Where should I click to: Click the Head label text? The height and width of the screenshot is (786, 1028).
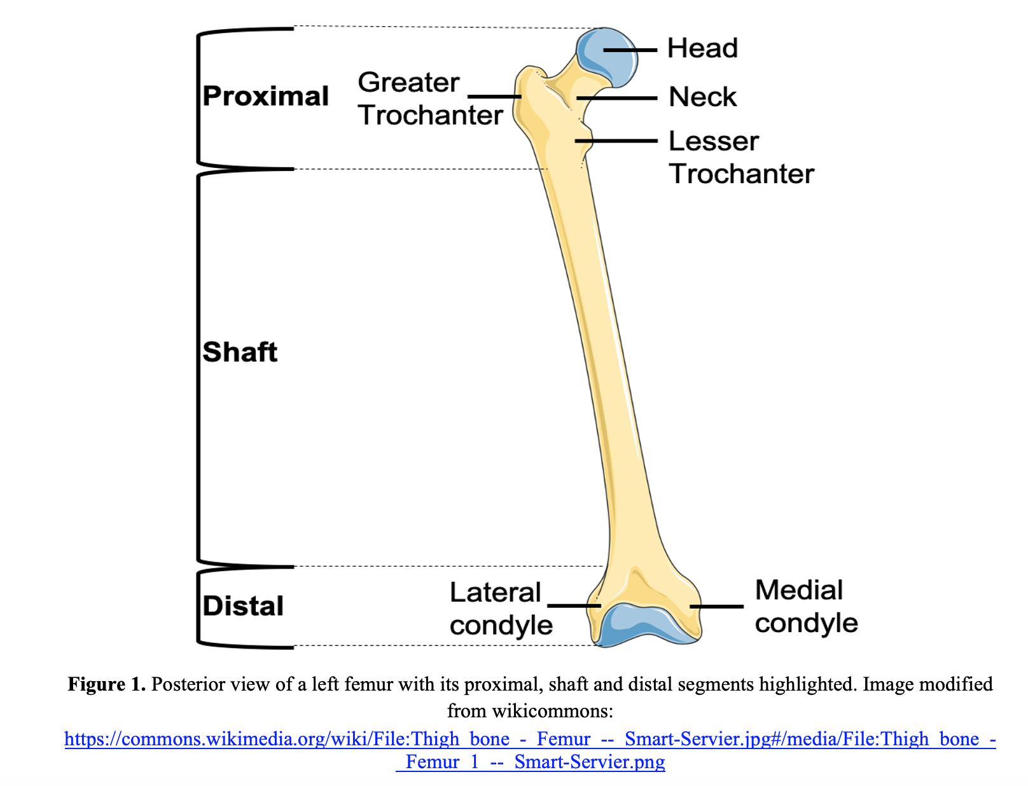pos(702,48)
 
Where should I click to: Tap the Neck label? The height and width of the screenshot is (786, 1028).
pos(702,97)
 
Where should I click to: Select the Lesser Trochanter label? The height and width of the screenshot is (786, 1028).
pos(741,157)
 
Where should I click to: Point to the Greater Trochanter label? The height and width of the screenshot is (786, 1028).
pos(430,99)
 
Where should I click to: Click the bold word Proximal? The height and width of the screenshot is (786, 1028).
pos(265,96)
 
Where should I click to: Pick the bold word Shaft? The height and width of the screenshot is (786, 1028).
pos(240,352)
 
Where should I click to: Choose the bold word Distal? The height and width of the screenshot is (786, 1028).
pos(243,605)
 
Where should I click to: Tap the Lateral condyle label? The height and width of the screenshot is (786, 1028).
pos(501,609)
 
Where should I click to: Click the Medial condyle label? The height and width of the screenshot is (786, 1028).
pos(806,606)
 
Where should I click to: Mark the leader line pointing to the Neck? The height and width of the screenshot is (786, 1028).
pos(617,99)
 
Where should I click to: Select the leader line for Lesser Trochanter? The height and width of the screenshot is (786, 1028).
pos(616,141)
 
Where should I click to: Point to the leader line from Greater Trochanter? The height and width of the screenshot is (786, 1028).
pos(494,97)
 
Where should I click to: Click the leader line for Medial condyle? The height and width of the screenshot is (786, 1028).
pos(716,606)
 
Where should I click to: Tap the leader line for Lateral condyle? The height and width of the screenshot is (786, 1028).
pos(574,606)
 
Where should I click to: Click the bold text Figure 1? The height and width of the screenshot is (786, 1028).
pos(107,684)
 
